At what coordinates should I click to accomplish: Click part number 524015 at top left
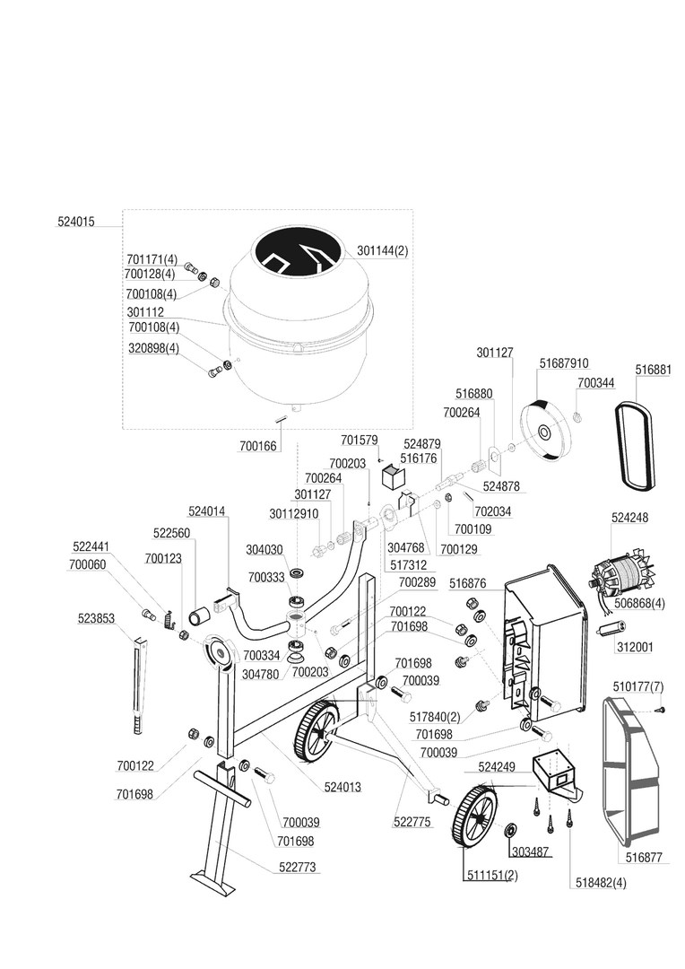pos(75,221)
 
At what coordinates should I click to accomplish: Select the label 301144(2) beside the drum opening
pos(382,251)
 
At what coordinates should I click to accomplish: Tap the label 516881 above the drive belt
pos(653,369)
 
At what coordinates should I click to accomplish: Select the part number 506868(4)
pos(640,602)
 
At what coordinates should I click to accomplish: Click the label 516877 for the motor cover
pos(644,858)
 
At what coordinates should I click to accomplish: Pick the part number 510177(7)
pos(638,686)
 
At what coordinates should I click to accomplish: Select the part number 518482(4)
pos(599,882)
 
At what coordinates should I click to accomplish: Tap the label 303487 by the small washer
pos(530,851)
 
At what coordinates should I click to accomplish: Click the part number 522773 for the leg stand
pos(299,867)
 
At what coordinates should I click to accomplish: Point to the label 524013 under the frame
pos(342,786)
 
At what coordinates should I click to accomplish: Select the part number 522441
pos(91,546)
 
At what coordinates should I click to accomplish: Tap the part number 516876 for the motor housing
pos(467,583)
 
